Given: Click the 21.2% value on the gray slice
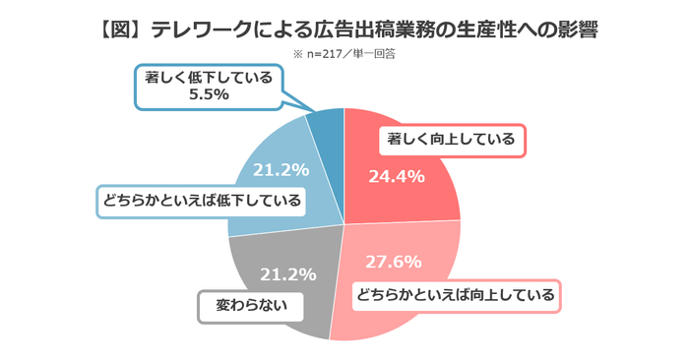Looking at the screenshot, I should point(285,272).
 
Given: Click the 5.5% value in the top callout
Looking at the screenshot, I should point(208,95).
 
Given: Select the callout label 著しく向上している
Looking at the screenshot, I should point(451,140).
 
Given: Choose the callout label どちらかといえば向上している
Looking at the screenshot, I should point(456,293).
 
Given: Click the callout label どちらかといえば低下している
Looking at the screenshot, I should point(201,201).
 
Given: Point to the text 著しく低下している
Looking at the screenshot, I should point(208,77).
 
